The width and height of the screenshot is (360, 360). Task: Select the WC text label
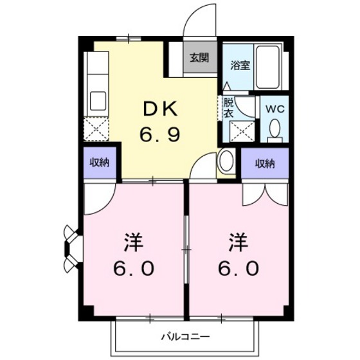[x=274, y=108]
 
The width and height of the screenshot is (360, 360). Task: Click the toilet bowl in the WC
[x=275, y=129]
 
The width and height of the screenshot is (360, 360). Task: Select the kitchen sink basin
[x=98, y=101]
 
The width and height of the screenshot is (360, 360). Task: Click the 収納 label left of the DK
[x=99, y=163]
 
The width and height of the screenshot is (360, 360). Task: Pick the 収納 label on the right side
[x=265, y=163]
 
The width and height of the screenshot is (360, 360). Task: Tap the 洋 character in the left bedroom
[x=134, y=244]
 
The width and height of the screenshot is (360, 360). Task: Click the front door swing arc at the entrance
[x=201, y=22]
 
